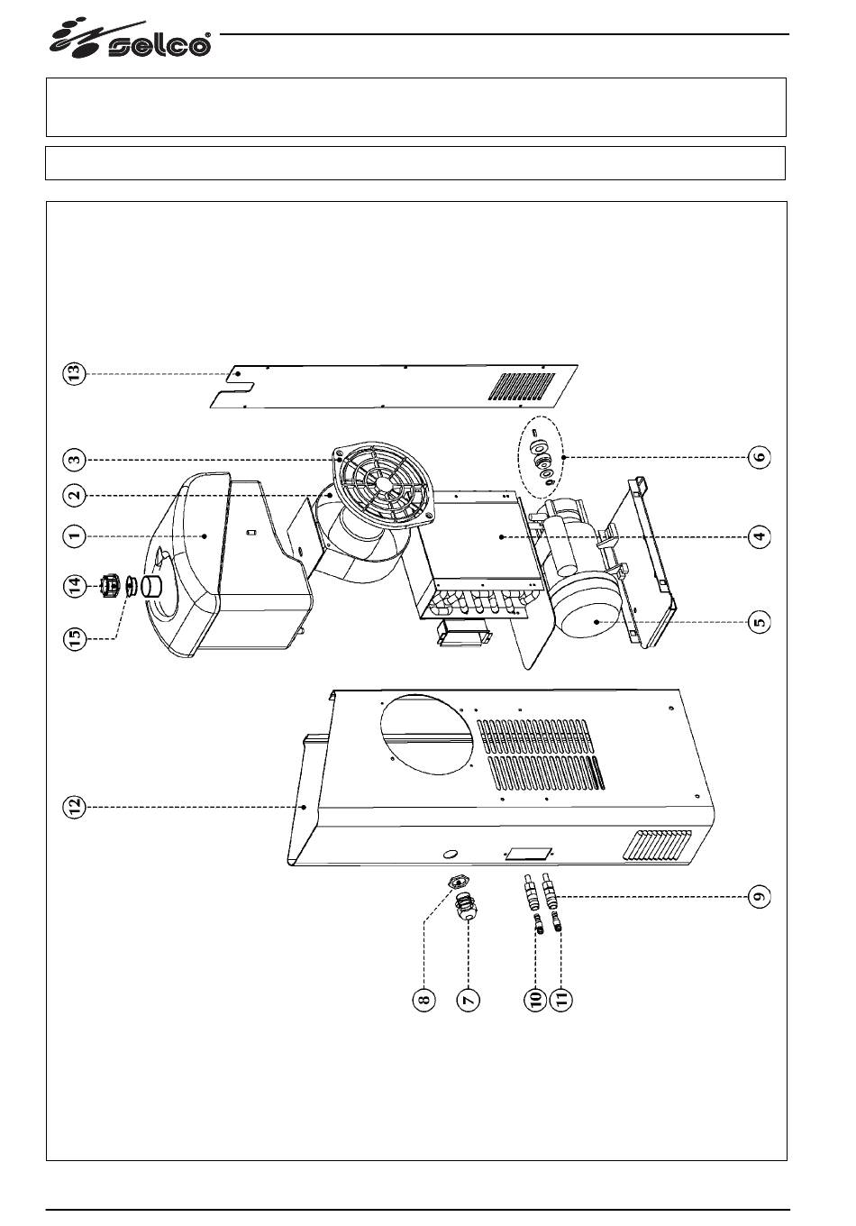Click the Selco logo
click(x=130, y=40)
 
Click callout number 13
click(x=75, y=374)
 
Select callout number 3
click(x=75, y=459)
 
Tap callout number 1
click(x=75, y=536)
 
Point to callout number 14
click(x=75, y=586)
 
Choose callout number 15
click(x=75, y=637)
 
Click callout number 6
click(x=760, y=456)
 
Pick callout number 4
click(x=760, y=536)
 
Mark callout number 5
click(x=760, y=622)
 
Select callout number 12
click(x=75, y=807)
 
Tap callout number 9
click(x=760, y=896)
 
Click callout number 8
click(x=423, y=1000)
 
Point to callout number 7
click(x=469, y=1000)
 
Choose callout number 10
click(x=535, y=1000)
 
